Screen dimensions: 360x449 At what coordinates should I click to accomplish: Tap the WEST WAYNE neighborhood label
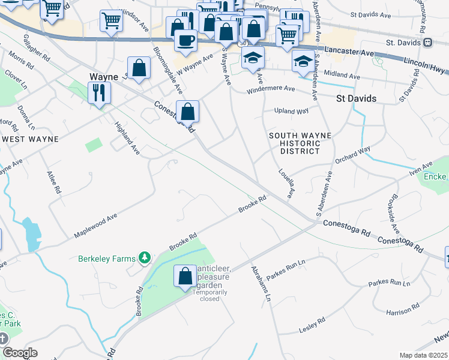(x=30, y=139)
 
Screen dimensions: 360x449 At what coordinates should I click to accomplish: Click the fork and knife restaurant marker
(x=98, y=92)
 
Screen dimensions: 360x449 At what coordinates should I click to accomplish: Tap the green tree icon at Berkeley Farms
(x=144, y=258)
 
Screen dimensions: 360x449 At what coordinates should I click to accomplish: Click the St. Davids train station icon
(x=427, y=43)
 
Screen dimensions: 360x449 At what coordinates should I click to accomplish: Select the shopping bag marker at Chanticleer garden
(x=184, y=276)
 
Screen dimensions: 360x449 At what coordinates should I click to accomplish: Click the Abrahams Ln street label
(x=261, y=284)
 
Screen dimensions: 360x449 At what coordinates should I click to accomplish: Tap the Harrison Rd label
(x=402, y=310)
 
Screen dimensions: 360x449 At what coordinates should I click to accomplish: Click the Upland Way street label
(x=291, y=111)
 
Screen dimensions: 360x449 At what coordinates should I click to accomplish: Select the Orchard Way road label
(x=353, y=155)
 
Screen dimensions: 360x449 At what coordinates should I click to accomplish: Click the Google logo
(x=20, y=353)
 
